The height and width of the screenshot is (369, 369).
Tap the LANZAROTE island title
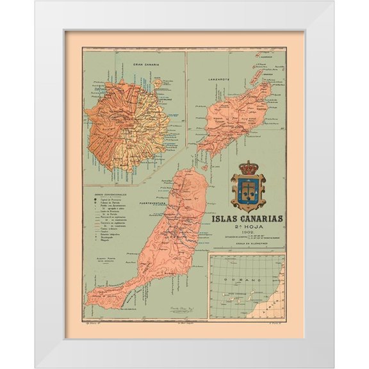coord(220,78)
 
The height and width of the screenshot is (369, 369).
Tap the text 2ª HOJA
coord(247,226)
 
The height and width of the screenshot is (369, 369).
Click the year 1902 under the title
coord(247,234)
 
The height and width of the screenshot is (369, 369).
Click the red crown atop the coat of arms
coord(247,168)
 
